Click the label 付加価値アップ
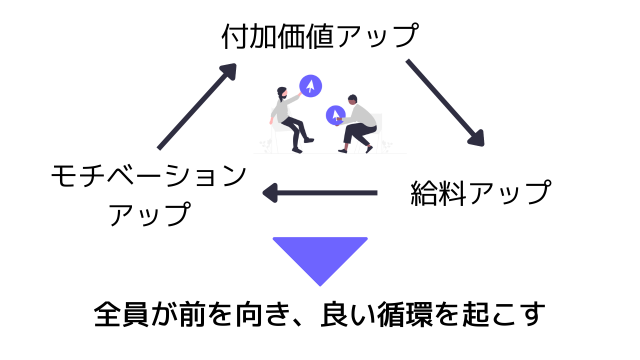[x=319, y=36]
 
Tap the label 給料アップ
[x=480, y=193]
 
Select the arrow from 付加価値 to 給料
[x=444, y=102]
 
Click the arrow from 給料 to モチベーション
[x=320, y=192]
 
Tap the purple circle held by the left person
[x=310, y=86]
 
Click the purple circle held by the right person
[x=335, y=115]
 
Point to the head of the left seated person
[x=282, y=92]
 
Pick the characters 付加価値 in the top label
[x=270, y=36]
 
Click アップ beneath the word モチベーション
[x=148, y=214]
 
